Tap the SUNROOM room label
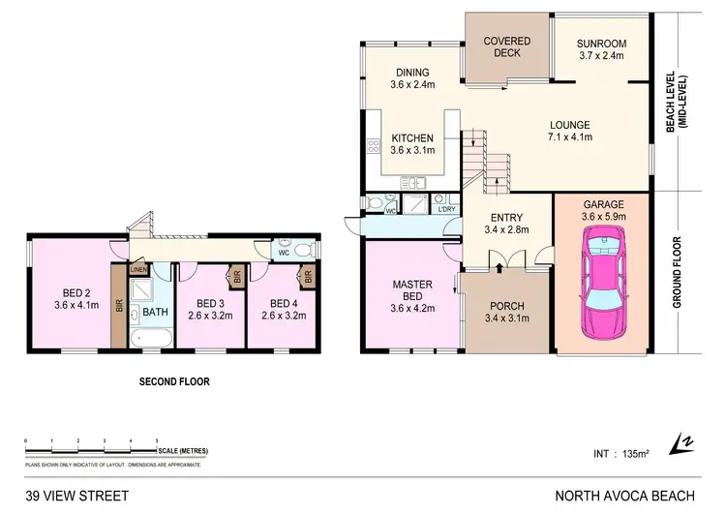click(602, 50)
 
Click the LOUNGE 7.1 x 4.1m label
click(570, 131)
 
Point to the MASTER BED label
click(410, 295)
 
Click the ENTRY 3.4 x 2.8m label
click(506, 223)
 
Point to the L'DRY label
click(446, 209)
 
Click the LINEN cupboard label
click(138, 270)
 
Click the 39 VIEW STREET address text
click(76, 496)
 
